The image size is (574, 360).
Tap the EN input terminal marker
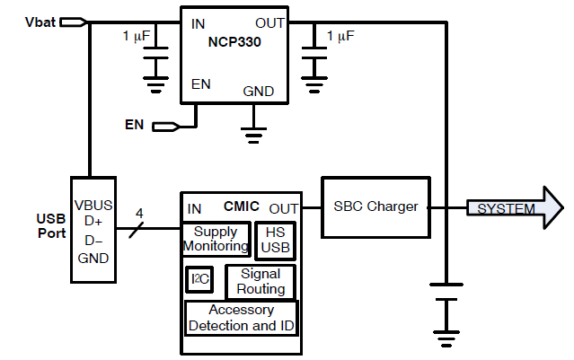coord(164,126)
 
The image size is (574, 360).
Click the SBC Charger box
coord(375,206)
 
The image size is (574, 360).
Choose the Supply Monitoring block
coord(216,239)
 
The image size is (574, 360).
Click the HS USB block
coord(275,239)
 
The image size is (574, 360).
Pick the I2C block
coord(199,280)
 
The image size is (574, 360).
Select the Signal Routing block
coord(261,281)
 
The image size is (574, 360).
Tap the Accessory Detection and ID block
coord(241,318)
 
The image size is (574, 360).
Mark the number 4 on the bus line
coord(138,213)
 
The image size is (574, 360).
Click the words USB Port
coord(50,226)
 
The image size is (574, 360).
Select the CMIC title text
coord(243,207)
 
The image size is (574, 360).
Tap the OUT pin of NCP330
coord(270,22)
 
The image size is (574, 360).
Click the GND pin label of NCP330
coord(259,92)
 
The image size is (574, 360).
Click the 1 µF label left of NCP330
coord(137,36)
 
